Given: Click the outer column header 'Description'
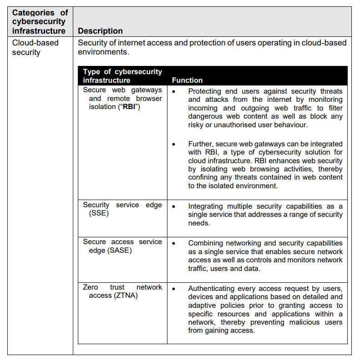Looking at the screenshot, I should [x=100, y=31].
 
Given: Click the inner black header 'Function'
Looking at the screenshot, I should [x=187, y=80].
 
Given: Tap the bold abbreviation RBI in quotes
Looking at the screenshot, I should [x=129, y=107].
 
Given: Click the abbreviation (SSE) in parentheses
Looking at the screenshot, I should [x=99, y=213].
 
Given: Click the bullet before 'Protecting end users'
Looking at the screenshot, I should [x=174, y=91].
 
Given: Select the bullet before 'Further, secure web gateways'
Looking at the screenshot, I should [x=174, y=144].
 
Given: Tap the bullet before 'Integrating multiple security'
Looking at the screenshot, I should [x=174, y=206].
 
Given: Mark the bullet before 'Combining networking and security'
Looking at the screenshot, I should [x=174, y=243].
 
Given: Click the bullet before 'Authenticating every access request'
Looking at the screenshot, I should [x=174, y=289].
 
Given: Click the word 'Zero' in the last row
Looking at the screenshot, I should [x=90, y=287].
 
